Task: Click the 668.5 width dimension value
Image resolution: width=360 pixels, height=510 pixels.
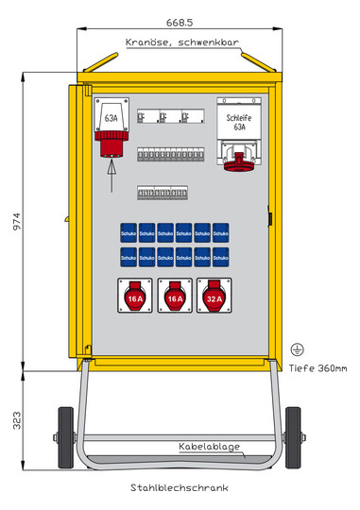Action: tap(180, 21)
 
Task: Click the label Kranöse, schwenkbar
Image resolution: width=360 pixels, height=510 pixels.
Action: tap(180, 42)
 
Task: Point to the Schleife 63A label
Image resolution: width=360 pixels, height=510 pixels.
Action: tap(238, 120)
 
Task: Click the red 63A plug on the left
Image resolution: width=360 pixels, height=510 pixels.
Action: tap(111, 142)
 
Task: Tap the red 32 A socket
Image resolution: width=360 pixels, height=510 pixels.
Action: tap(214, 298)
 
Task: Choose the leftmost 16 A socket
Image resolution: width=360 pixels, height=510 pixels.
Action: tap(134, 298)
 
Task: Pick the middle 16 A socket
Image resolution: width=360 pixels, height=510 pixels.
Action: tap(174, 298)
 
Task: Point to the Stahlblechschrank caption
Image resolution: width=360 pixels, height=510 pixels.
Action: tap(180, 489)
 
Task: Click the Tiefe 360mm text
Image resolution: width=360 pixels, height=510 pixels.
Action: tap(318, 367)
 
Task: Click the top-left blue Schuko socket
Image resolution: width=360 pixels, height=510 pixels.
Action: tap(129, 233)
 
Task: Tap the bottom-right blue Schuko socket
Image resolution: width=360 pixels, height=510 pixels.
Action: tap(220, 257)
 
